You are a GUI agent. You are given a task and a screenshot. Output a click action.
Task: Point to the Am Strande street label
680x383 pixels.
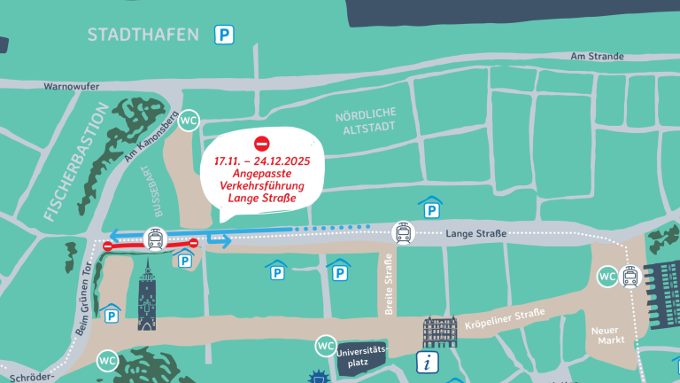pos(598,56)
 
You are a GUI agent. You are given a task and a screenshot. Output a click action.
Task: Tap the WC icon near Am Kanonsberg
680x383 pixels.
pos(189,121)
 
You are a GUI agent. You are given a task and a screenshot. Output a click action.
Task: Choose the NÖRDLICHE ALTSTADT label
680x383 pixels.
pos(366,124)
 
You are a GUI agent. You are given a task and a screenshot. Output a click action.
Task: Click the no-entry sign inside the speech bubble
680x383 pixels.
pos(261,144)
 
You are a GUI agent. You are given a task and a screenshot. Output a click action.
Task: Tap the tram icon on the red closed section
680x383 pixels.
pos(154,238)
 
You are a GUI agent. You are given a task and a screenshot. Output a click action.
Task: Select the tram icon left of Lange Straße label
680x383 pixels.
pos(403,233)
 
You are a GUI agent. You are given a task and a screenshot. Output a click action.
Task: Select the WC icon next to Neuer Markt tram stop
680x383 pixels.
pos(607,277)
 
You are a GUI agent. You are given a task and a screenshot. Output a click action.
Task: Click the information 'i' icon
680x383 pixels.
pos(429,362)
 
